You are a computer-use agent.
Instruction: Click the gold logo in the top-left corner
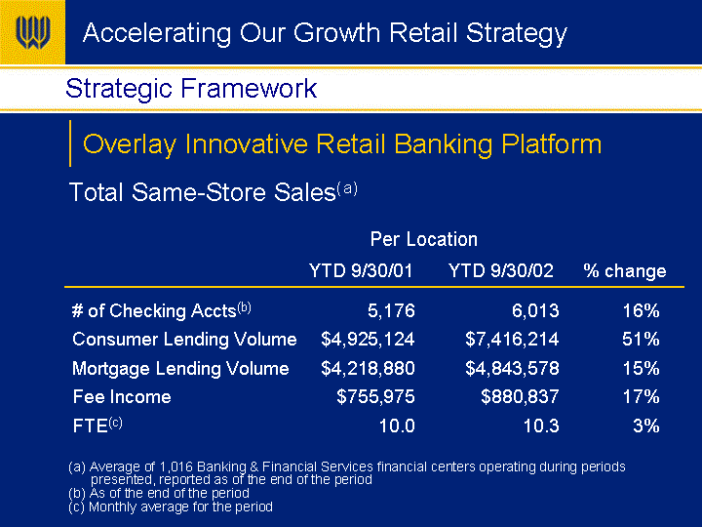pos(32,32)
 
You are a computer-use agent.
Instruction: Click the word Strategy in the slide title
pos(517,34)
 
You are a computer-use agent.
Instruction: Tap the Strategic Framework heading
pos(191,88)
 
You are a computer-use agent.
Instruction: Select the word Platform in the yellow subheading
pos(551,143)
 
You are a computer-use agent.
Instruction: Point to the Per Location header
pos(423,239)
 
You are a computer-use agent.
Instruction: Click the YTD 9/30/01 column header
pos(361,270)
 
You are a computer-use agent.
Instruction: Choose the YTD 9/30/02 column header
pos(501,270)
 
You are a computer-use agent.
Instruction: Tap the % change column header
pos(625,270)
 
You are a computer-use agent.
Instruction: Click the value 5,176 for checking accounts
pos(391,310)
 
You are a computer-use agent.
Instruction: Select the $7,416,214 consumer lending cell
pos(512,340)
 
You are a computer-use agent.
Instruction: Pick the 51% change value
pos(641,340)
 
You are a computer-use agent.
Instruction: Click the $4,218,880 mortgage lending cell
pos(368,368)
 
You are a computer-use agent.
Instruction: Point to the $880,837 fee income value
pos(520,396)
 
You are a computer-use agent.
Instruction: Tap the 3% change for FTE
pos(646,426)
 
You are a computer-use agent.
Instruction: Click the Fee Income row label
pos(122,397)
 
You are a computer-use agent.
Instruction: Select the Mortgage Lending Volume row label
pos(180,369)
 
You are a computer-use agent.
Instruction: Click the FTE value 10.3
pos(541,426)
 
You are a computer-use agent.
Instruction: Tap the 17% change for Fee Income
pos(642,396)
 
